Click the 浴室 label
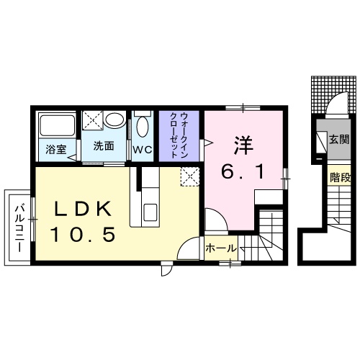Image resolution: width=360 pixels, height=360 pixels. pyautogui.click(x=55, y=150)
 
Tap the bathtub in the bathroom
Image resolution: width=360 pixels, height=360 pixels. pyautogui.click(x=56, y=126)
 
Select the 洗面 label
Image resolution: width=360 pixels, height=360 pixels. pyautogui.click(x=103, y=146)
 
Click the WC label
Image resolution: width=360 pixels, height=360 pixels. pyautogui.click(x=141, y=150)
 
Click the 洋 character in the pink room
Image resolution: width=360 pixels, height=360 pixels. pyautogui.click(x=240, y=143)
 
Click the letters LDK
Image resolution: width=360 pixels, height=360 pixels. pyautogui.click(x=84, y=209)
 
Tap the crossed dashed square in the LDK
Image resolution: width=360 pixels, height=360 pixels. pyautogui.click(x=189, y=176)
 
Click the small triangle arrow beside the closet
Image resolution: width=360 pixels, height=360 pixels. pyautogui.click(x=206, y=145)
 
